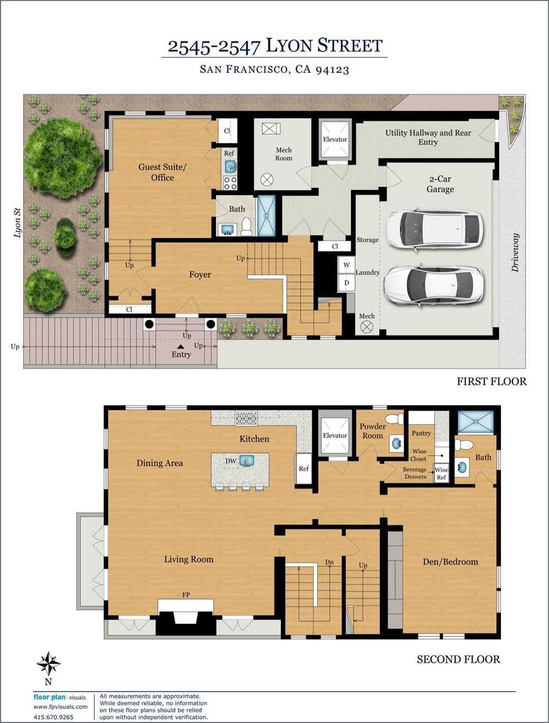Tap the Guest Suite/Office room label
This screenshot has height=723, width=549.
point(162,172)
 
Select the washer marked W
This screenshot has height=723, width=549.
point(347,265)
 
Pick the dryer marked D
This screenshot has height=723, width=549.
point(347,282)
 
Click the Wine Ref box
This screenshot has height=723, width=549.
point(441,473)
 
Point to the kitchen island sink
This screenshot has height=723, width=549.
point(246,460)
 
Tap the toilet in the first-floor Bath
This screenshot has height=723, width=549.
point(246,226)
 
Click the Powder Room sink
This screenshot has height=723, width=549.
point(397,443)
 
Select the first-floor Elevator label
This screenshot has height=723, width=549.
point(335,139)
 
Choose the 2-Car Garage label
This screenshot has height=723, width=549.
point(440,184)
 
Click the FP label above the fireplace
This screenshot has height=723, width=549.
point(186,595)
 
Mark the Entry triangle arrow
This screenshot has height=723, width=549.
point(180,347)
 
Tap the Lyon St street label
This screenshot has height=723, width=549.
point(18,222)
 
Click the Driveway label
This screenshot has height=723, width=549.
point(515,252)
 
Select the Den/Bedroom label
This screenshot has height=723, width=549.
point(450,561)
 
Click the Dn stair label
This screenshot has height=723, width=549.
point(330,562)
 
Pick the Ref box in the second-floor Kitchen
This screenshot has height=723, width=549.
point(304,469)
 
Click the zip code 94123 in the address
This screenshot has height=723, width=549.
point(332,70)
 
